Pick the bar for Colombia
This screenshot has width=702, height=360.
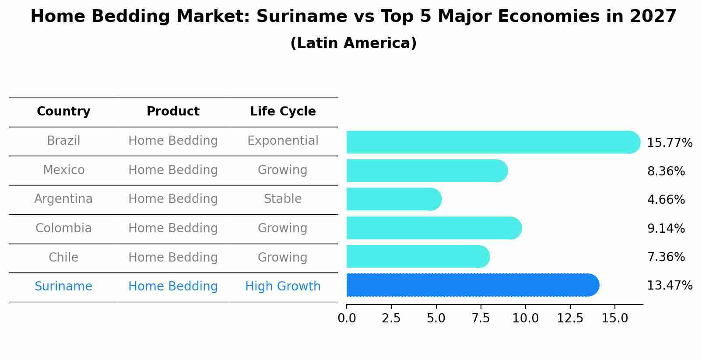433,228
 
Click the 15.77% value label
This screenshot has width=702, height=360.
669,143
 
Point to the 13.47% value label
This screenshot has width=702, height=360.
669,286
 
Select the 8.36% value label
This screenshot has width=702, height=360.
666,171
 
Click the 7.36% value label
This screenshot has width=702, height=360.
666,257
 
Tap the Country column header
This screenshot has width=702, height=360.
63,112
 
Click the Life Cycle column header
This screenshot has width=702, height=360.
283,112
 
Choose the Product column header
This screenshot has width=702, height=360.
173,112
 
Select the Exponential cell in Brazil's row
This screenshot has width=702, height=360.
283,141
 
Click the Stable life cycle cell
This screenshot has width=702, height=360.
283,199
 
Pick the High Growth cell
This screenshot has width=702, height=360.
283,287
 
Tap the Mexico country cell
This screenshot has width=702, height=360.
63,170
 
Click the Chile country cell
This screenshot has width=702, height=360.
63,258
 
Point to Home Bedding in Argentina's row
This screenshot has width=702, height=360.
173,199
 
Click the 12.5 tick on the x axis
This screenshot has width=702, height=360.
570,318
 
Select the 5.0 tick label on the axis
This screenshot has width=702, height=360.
436,318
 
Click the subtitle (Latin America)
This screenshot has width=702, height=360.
353,43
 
